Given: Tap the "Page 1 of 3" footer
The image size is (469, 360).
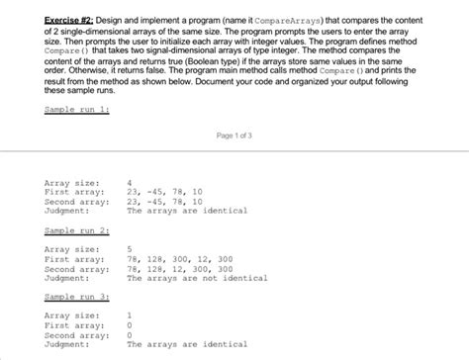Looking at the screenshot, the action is point(234,134).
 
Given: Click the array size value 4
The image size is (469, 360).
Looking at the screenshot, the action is point(130,183).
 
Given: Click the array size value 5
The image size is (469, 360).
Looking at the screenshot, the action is point(130,248).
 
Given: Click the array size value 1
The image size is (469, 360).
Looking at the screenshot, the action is point(130,315).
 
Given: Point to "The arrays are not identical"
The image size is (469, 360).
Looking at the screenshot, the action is point(197,277).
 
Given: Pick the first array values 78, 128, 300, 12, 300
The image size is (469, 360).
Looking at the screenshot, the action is point(179,258).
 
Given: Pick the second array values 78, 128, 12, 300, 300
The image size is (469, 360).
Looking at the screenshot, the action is point(179,268).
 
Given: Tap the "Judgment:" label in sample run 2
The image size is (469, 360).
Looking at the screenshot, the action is point(66,277).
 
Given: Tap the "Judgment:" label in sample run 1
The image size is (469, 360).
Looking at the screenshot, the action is point(66,211).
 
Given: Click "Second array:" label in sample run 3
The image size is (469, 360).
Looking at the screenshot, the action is point(76,334).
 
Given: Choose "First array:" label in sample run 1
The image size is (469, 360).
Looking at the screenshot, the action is point(74,192).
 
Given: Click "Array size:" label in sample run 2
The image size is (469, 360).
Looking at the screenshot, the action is point(71,248).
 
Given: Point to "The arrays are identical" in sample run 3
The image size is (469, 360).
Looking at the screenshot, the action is point(187,344).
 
